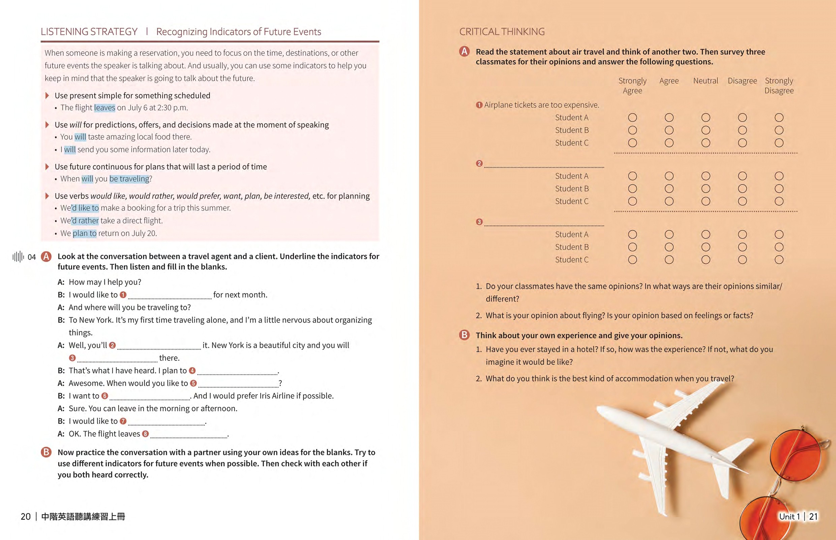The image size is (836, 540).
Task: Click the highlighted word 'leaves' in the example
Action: click(104, 108)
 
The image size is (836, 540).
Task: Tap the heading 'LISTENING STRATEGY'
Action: click(89, 32)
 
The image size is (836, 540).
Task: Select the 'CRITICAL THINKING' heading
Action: click(502, 32)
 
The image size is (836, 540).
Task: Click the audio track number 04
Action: click(32, 257)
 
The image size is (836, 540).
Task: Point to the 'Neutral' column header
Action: click(706, 81)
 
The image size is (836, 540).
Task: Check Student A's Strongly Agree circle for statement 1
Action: click(632, 117)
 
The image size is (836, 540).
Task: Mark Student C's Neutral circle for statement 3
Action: click(706, 260)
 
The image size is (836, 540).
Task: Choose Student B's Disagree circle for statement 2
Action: click(742, 189)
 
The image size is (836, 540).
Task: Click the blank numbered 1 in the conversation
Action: click(170, 295)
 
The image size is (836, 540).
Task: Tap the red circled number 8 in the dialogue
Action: click(145, 434)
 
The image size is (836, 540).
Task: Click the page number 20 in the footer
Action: click(26, 516)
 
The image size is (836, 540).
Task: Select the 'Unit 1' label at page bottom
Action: click(789, 516)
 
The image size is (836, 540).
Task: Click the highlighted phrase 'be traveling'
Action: click(129, 179)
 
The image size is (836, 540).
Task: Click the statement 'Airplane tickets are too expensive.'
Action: click(541, 105)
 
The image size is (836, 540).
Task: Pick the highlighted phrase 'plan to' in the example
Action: click(84, 233)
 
